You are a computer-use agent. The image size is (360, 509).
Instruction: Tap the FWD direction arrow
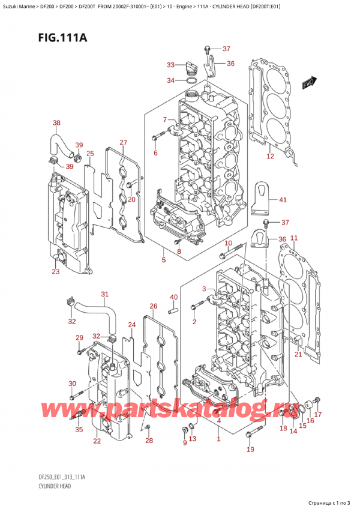309,82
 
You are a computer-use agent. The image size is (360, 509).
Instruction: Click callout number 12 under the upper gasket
270,156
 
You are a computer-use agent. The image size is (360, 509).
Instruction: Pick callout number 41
283,200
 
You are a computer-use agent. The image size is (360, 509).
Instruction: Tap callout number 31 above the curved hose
104,294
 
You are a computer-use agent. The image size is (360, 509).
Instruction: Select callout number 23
55,272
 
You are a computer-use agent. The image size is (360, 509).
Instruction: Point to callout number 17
318,414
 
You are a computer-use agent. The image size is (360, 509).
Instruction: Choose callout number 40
173,297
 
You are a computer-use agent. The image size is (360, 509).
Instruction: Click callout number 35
78,429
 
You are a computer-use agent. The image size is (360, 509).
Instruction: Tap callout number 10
228,242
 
